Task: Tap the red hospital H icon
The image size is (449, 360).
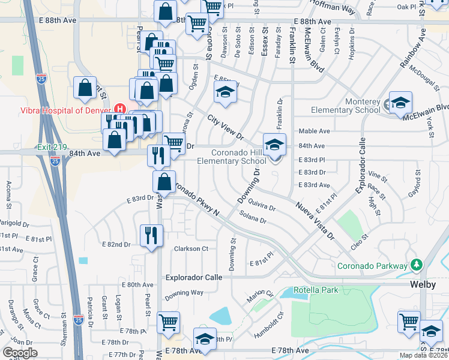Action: click(x=120, y=109)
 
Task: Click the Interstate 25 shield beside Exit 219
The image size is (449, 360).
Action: click(x=55, y=161)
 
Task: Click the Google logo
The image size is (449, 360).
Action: click(x=20, y=353)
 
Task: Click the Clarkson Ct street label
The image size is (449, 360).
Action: click(x=191, y=248)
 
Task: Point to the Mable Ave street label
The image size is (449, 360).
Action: click(x=315, y=131)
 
